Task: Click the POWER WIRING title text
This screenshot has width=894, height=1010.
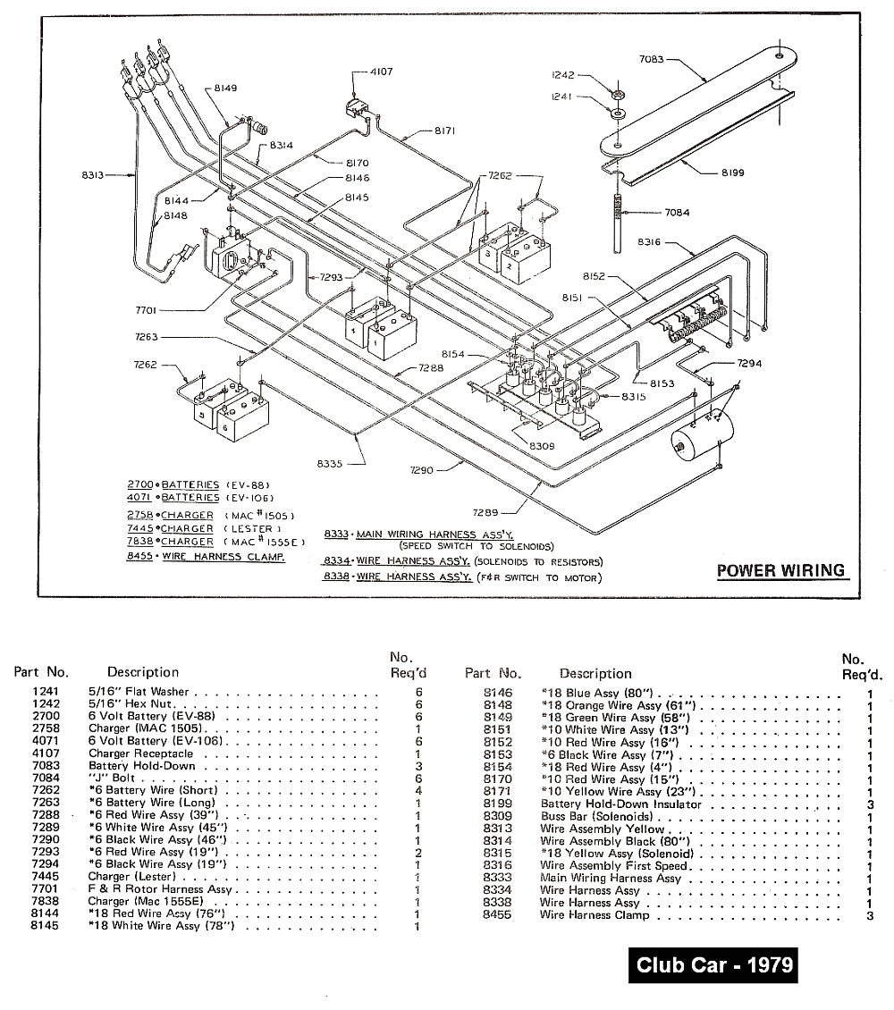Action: pos(780,570)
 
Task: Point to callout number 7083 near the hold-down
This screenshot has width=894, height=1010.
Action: pos(652,60)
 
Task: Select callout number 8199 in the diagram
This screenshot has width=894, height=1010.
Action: pos(734,173)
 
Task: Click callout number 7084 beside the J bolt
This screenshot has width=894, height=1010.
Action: pos(677,213)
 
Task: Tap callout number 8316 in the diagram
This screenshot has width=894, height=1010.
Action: pos(650,242)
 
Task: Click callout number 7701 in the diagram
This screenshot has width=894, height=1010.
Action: pos(148,310)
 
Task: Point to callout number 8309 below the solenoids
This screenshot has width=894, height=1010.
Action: pos(542,444)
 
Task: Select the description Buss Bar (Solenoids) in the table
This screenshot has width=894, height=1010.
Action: pos(596,816)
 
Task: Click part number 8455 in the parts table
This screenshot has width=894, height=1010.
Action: pos(496,915)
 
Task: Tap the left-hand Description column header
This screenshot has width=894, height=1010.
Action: pos(143,672)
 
